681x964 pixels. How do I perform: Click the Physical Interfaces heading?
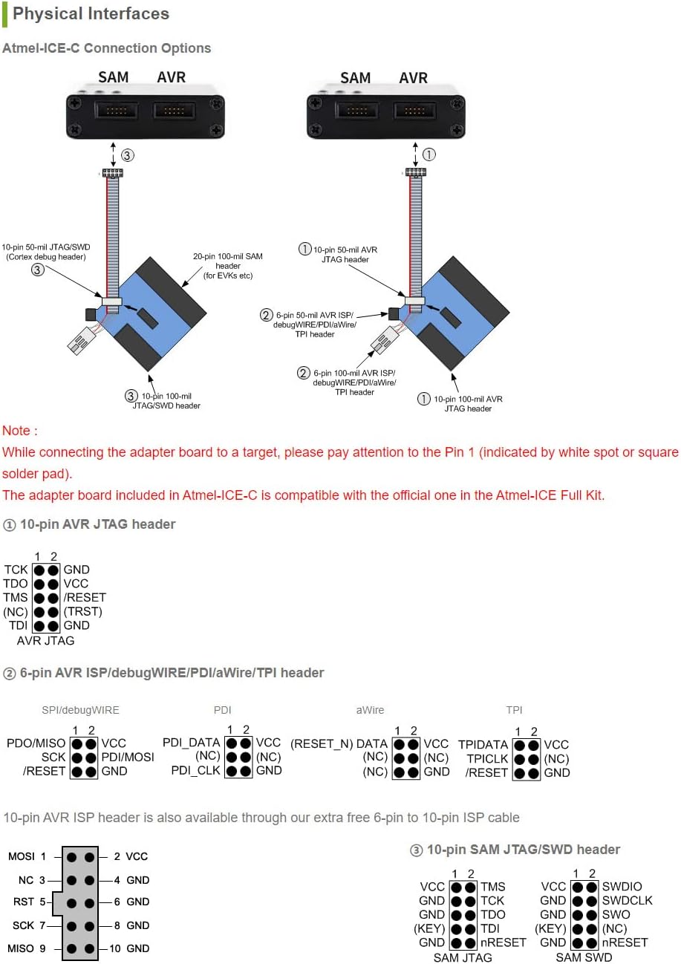(x=91, y=13)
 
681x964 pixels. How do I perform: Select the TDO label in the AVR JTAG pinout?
(x=16, y=584)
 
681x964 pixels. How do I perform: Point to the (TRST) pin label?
(x=83, y=612)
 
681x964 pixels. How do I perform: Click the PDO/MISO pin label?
(x=36, y=743)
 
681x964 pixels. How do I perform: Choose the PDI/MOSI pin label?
(x=128, y=758)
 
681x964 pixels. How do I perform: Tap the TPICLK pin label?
(x=487, y=759)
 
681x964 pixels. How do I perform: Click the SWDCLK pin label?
(x=627, y=900)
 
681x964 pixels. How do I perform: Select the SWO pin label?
(x=616, y=914)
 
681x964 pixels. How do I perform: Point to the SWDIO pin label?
(x=622, y=886)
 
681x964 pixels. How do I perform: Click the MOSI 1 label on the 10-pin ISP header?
(x=27, y=856)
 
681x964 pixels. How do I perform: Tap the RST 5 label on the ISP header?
(x=29, y=902)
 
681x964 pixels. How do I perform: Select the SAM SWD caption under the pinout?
(x=584, y=957)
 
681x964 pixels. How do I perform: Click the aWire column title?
(x=370, y=710)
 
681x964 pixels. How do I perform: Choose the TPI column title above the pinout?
(x=515, y=710)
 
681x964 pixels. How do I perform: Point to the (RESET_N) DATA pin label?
(x=339, y=743)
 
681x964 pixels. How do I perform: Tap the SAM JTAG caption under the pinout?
(x=463, y=957)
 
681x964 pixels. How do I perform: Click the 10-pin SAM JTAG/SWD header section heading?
(x=515, y=850)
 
